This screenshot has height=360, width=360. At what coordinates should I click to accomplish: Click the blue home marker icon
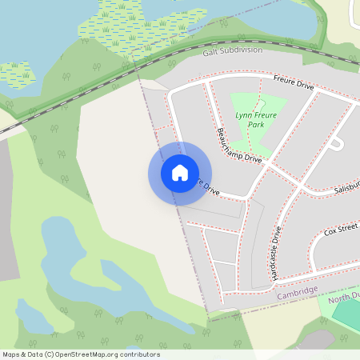(x=180, y=173)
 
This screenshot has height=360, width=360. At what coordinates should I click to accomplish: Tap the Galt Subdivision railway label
(x=232, y=50)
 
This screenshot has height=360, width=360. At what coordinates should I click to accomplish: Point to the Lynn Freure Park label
(x=254, y=120)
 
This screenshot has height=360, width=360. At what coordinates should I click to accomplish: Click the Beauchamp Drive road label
(x=239, y=145)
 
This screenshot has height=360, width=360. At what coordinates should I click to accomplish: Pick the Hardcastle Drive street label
(x=276, y=252)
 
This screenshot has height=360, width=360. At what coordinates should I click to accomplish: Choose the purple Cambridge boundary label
(x=297, y=294)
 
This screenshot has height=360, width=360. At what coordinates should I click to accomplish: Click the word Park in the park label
(x=255, y=126)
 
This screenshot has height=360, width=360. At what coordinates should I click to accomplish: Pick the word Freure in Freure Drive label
(x=285, y=79)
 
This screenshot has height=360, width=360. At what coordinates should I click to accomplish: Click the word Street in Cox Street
(x=348, y=230)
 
